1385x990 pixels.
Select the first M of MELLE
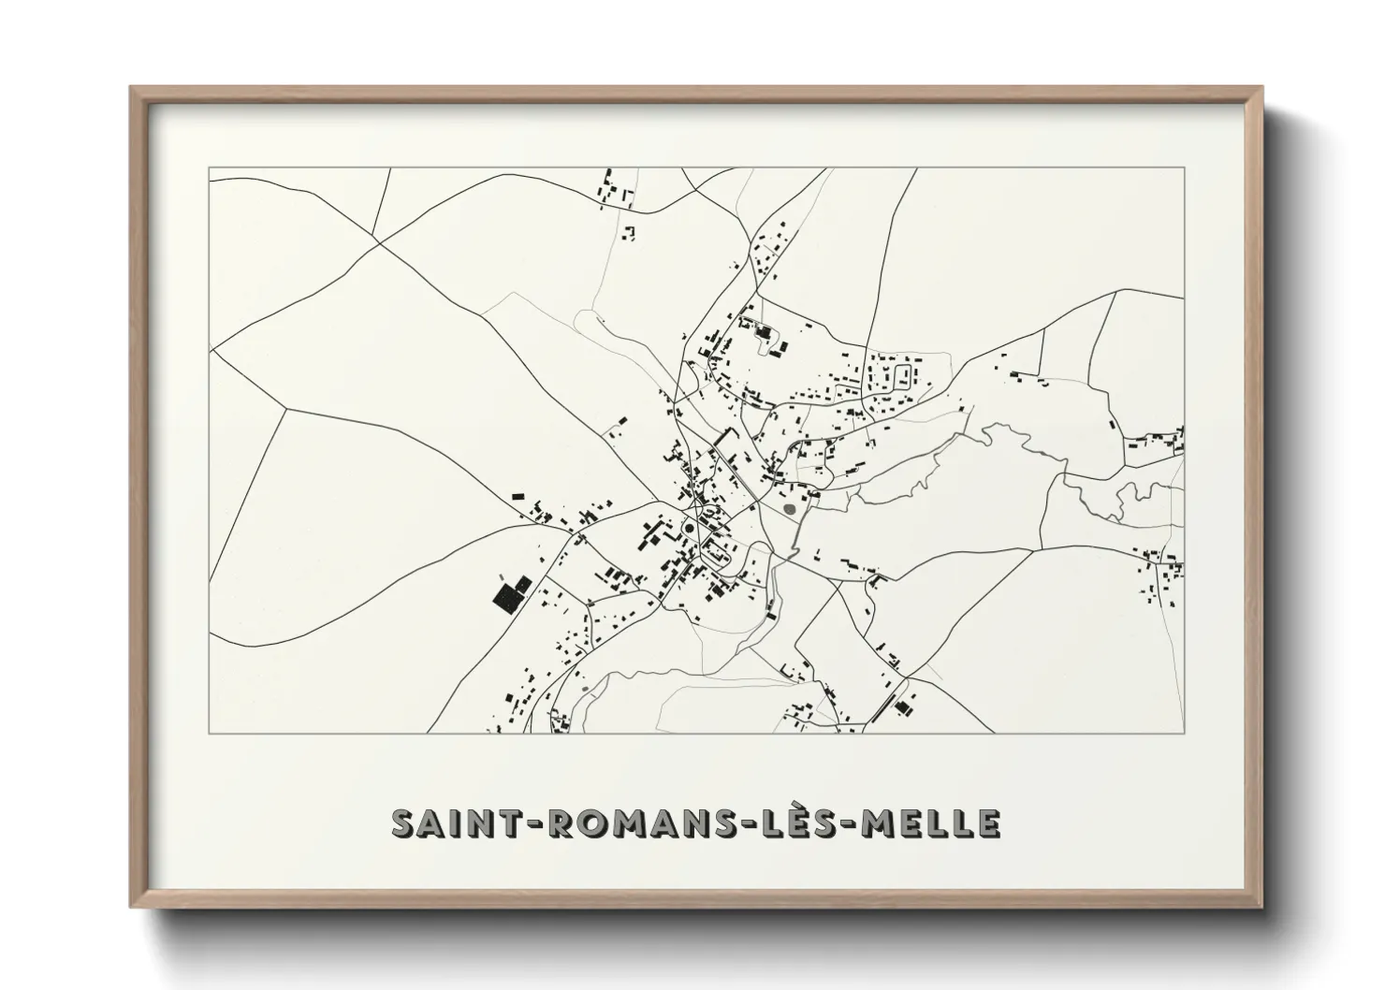pos(877,823)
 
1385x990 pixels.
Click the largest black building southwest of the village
pos(506,597)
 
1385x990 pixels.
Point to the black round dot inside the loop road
pos(690,528)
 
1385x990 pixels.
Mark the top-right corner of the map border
pos(1184,168)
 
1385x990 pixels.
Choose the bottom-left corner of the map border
pos(210,733)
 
